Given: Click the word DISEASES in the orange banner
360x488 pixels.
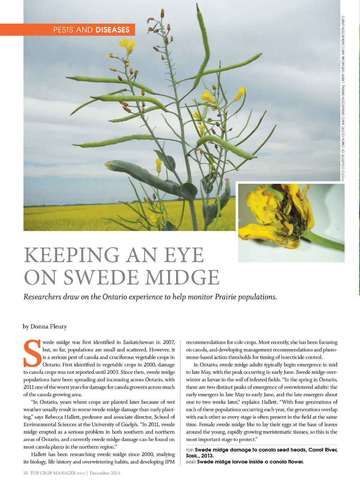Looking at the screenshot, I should point(112,30).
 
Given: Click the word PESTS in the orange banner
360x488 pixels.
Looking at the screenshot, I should point(64,30).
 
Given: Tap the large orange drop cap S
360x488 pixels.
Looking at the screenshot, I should point(32,353).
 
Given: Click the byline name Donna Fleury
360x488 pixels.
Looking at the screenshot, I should point(49,326).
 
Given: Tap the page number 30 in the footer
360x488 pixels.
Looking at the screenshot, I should point(25,473).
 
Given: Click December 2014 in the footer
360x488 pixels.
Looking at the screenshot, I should point(105,473).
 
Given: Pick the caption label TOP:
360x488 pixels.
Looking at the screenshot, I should point(190,450).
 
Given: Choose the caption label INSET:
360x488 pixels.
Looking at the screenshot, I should point(191,462).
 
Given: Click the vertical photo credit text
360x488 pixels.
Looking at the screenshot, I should point(343,98).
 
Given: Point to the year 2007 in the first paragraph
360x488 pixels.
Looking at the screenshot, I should point(169,342).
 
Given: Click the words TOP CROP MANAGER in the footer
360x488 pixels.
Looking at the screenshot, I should point(53,473).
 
